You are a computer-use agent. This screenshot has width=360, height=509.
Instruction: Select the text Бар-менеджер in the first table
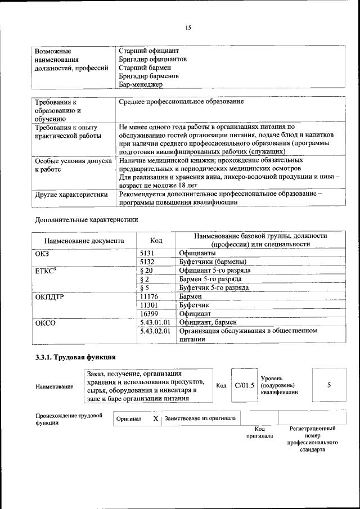pyautogui.click(x=141, y=85)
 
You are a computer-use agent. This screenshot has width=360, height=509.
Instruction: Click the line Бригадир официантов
pyautogui.click(x=152, y=59)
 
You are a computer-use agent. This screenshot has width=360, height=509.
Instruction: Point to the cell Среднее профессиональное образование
pyautogui.click(x=181, y=102)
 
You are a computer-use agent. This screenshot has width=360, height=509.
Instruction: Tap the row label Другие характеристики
pyautogui.click(x=71, y=195)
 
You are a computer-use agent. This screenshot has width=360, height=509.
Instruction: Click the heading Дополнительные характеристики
pyautogui.click(x=85, y=219)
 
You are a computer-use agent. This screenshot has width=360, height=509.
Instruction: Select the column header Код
pyautogui.click(x=156, y=241)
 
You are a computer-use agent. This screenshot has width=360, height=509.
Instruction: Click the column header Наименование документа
pyautogui.click(x=84, y=241)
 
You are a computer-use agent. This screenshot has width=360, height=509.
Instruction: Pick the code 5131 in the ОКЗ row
pyautogui.click(x=147, y=253)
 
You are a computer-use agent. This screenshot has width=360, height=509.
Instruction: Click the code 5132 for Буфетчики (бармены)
pyautogui.click(x=147, y=262)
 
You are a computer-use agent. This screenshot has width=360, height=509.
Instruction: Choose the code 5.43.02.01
pyautogui.click(x=155, y=331)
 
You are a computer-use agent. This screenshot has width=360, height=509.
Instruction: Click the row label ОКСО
pyautogui.click(x=46, y=323)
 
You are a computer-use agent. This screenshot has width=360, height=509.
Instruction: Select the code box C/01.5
pyautogui.click(x=245, y=385)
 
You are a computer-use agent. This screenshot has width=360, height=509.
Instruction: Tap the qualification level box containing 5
pyautogui.click(x=329, y=385)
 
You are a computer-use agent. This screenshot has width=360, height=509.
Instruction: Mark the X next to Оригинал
pyautogui.click(x=156, y=419)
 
